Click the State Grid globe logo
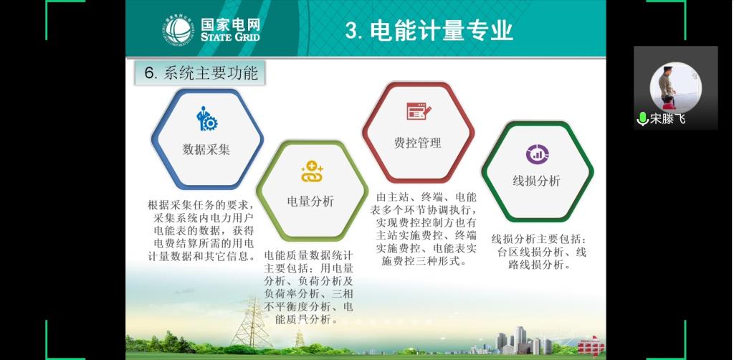pos(178,30)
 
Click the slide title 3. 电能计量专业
pos(429,31)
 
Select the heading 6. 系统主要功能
pos(201,73)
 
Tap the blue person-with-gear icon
pos(206,118)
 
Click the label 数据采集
pos(206,149)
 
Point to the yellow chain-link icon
pos(313,171)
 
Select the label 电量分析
pos(311,202)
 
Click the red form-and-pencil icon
pos(419,111)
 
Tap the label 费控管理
pos(418,143)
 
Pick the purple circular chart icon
pos(537,154)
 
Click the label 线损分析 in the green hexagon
pos(536,181)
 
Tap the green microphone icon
pos(642,119)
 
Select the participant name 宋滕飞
pos(668,119)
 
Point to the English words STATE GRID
pos(230,36)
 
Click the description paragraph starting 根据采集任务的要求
pos(201,231)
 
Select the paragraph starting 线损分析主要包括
pos(538,252)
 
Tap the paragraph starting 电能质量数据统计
pos(308,288)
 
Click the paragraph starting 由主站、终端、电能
pos(425,229)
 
